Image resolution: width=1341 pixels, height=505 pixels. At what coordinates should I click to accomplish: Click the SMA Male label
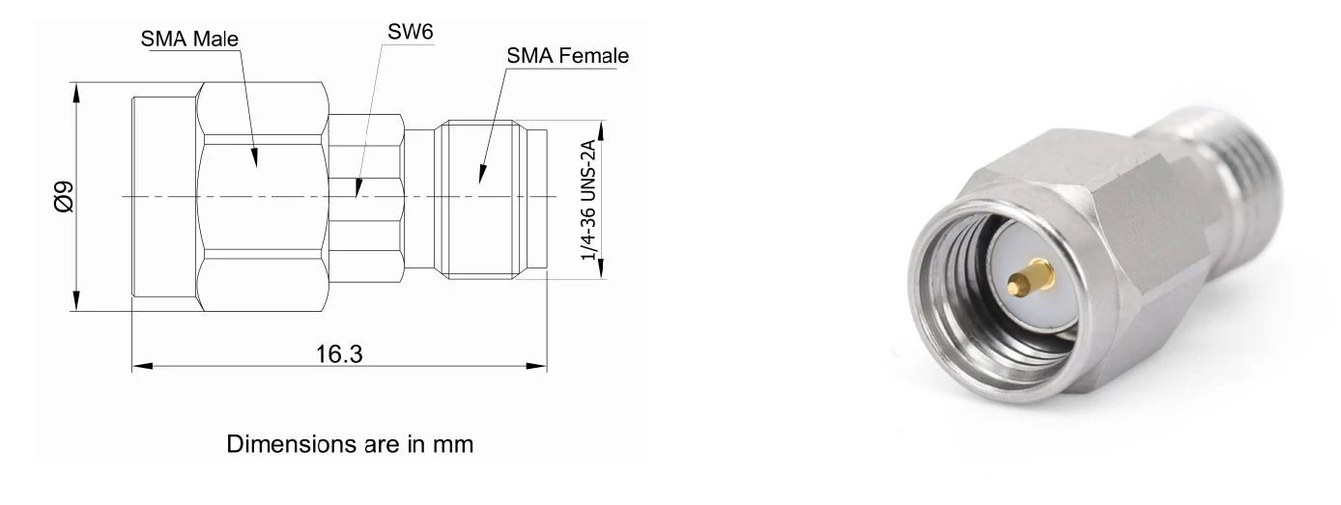tap(189, 39)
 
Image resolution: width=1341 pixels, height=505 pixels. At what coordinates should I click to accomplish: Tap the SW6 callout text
tap(410, 32)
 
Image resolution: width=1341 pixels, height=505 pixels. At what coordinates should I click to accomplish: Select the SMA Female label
tap(567, 56)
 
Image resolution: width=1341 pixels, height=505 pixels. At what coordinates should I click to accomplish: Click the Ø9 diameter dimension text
tap(64, 197)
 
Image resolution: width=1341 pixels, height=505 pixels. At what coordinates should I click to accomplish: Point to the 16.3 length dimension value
tap(339, 354)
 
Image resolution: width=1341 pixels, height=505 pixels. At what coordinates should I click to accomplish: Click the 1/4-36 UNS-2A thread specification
tap(589, 200)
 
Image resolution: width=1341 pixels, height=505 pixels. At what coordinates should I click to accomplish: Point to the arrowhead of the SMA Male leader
tap(255, 158)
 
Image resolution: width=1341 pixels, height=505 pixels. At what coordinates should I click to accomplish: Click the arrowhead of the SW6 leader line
tap(357, 188)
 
